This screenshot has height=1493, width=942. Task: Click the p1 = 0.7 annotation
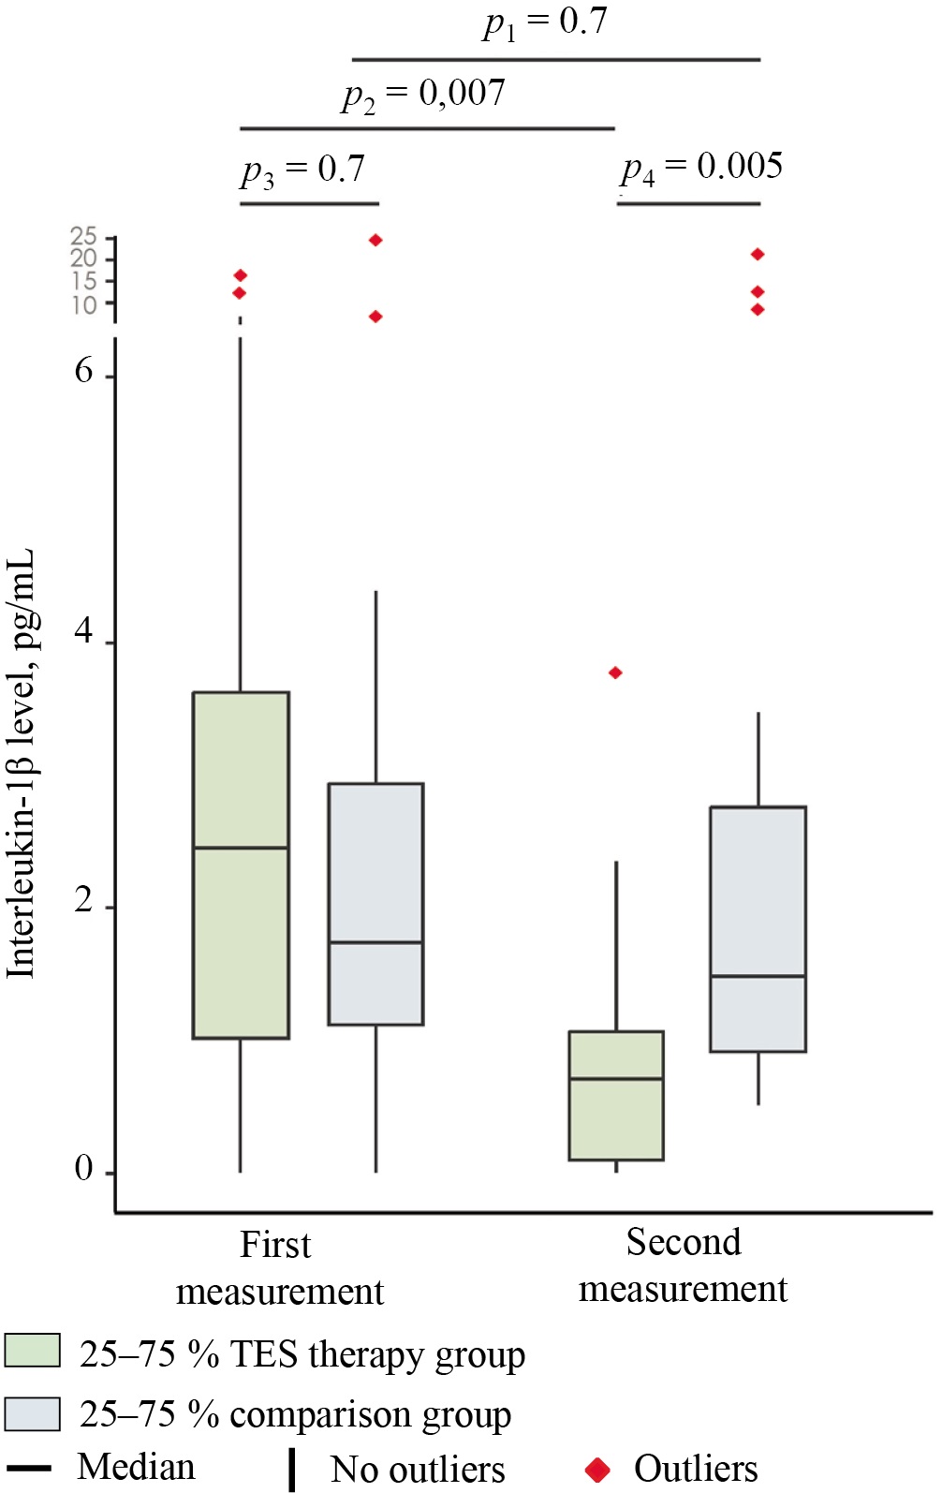click(x=545, y=22)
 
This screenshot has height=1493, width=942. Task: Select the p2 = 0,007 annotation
click(x=423, y=94)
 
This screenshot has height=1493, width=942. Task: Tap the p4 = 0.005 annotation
click(x=701, y=168)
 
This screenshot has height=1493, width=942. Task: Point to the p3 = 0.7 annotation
click(x=302, y=170)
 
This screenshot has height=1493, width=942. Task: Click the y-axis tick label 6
click(x=83, y=371)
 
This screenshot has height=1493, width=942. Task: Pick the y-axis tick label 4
click(x=83, y=632)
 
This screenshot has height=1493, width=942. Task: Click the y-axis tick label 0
click(x=83, y=1168)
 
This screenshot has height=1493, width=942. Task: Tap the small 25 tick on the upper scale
click(x=83, y=235)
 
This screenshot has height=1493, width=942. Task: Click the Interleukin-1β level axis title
click(x=21, y=763)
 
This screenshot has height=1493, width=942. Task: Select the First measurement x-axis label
click(x=279, y=1268)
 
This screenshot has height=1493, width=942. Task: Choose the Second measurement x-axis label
click(x=683, y=1265)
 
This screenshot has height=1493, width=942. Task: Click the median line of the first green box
click(x=241, y=848)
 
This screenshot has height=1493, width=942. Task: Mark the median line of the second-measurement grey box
click(x=758, y=976)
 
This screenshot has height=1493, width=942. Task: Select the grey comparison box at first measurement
click(x=375, y=862)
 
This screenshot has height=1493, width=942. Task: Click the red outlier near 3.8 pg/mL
click(x=615, y=673)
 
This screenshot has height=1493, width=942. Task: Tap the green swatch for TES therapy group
click(x=32, y=1351)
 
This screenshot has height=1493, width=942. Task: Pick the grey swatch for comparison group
click(x=32, y=1413)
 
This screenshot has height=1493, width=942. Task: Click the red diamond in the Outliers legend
click(x=597, y=1470)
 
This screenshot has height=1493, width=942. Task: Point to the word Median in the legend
click(x=137, y=1467)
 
